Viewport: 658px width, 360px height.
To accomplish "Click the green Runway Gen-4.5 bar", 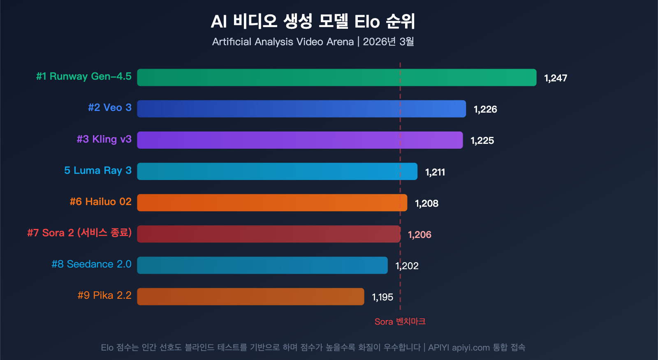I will pyautogui.click(x=336, y=77).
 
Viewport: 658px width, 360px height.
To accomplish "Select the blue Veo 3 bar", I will pyautogui.click(x=301, y=109).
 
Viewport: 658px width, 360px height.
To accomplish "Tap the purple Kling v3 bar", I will pyautogui.click(x=300, y=140).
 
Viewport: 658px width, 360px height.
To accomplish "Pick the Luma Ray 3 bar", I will pyautogui.click(x=277, y=171).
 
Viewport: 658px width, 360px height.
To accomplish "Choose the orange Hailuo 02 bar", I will pyautogui.click(x=272, y=203).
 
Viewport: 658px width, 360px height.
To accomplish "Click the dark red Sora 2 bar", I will pyautogui.click(x=269, y=234).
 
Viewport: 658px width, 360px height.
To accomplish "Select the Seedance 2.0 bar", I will pyautogui.click(x=262, y=265).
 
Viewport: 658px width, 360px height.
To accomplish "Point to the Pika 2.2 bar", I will pyautogui.click(x=250, y=297).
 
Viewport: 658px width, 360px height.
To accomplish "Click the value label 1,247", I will pyautogui.click(x=556, y=78).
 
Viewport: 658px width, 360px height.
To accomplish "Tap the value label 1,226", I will pyautogui.click(x=485, y=109).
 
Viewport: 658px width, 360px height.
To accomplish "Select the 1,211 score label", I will pyautogui.click(x=435, y=172).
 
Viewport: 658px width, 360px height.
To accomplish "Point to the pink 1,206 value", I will pyautogui.click(x=419, y=235).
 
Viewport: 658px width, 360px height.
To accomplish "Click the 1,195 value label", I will pyautogui.click(x=382, y=297).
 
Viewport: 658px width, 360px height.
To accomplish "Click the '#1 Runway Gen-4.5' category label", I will pyautogui.click(x=84, y=76).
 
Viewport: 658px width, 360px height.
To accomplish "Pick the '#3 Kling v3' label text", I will pyautogui.click(x=104, y=139).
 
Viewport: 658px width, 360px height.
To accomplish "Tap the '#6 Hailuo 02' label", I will pyautogui.click(x=101, y=202).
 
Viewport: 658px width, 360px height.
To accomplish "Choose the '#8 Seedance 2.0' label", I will pyautogui.click(x=91, y=264).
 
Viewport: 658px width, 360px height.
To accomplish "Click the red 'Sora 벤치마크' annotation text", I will pyautogui.click(x=400, y=322).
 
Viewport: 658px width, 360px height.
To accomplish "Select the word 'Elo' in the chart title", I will pyautogui.click(x=367, y=22).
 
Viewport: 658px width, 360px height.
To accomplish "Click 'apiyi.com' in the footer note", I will pyautogui.click(x=471, y=348).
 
